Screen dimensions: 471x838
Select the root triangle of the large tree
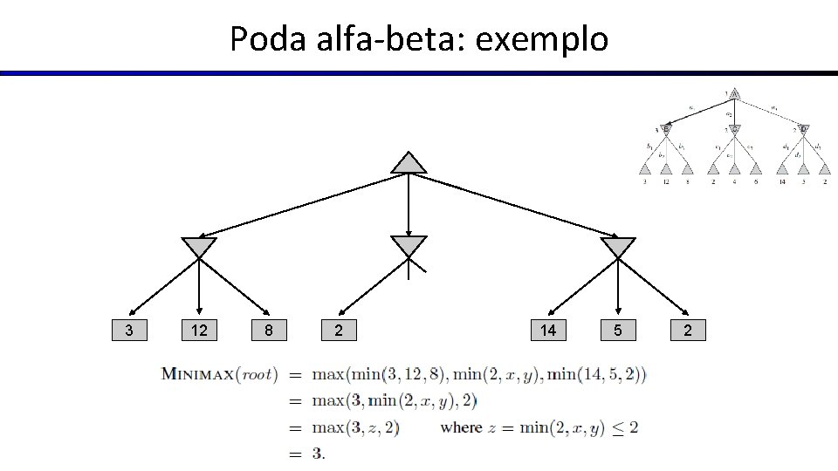click(x=409, y=163)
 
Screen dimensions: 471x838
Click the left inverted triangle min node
click(x=199, y=247)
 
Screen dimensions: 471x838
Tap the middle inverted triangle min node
click(x=409, y=247)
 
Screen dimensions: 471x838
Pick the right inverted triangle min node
click(x=618, y=247)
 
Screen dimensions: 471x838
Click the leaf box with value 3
click(x=129, y=330)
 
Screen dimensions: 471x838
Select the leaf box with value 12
click(x=199, y=330)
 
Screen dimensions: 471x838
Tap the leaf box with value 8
click(x=269, y=330)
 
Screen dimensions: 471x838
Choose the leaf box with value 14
click(x=548, y=330)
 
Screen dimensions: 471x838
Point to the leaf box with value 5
click(x=618, y=330)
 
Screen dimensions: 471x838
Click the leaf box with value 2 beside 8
click(x=339, y=330)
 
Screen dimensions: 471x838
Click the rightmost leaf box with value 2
click(x=688, y=330)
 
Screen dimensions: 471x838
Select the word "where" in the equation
click(x=461, y=427)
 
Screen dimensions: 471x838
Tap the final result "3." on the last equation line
click(x=318, y=454)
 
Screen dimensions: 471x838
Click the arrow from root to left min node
click(x=301, y=206)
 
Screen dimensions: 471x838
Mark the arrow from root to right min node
click(x=515, y=206)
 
